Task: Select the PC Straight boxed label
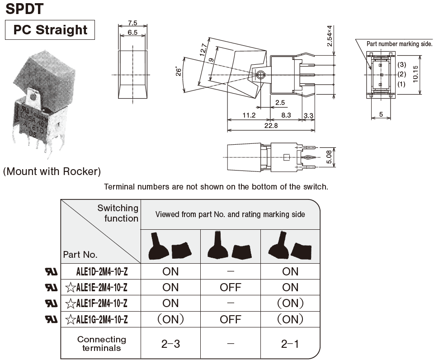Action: [x=50, y=30]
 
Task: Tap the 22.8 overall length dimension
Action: [x=271, y=126]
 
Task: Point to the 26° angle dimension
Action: [x=179, y=72]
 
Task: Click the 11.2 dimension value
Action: [x=249, y=115]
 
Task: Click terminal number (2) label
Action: [x=402, y=74]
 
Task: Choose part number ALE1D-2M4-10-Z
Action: [x=102, y=271]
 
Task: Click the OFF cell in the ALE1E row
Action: [x=230, y=287]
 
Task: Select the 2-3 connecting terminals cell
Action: [x=170, y=344]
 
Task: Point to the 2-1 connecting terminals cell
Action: [x=290, y=344]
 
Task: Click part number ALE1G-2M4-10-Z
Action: [x=102, y=320]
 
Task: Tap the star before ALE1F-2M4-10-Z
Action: [x=71, y=303]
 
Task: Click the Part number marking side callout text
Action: [x=399, y=44]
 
